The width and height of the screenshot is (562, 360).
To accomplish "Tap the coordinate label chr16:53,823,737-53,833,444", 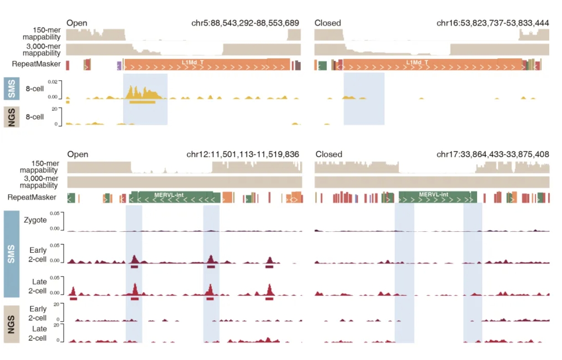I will click(493, 23).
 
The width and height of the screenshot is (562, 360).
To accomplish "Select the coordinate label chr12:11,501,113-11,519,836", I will click(243, 154).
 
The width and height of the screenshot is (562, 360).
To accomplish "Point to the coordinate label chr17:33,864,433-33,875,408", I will click(493, 154).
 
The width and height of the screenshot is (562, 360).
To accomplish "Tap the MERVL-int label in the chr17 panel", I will click(433, 194).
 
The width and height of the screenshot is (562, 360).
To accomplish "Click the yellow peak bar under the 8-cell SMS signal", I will click(142, 102).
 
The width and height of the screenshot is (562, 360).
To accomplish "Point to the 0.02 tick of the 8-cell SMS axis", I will click(53, 81).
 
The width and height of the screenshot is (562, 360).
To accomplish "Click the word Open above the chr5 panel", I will click(77, 23).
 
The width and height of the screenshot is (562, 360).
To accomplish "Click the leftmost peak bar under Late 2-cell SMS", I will click(73, 298).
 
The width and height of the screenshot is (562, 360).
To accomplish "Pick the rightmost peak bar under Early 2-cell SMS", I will click(269, 266).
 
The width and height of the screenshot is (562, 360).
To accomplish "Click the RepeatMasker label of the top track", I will click(40, 64).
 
